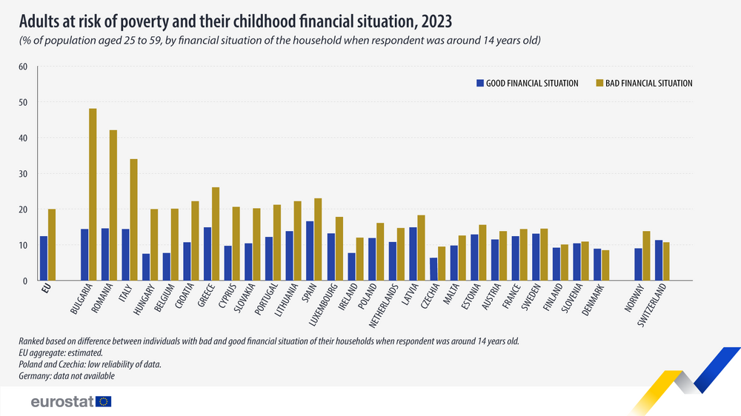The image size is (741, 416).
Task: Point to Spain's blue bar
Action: click(x=309, y=251)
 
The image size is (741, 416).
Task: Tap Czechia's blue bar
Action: click(x=433, y=269)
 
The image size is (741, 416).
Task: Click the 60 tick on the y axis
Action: click(x=22, y=67)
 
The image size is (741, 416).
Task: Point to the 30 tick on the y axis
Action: click(x=22, y=174)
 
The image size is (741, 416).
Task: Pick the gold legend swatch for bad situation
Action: click(x=599, y=84)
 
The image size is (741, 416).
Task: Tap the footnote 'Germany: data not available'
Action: click(x=67, y=377)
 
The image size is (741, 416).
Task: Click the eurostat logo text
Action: click(x=61, y=401)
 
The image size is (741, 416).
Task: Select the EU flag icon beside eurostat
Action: click(x=104, y=401)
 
